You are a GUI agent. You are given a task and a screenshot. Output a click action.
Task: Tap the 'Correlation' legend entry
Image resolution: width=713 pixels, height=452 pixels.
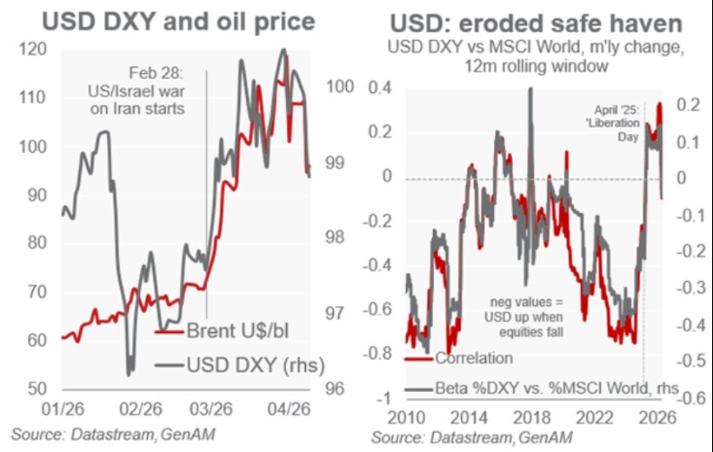(473, 356)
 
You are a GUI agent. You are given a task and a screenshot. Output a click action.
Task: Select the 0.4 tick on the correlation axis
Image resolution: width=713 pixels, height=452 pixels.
(380, 87)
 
